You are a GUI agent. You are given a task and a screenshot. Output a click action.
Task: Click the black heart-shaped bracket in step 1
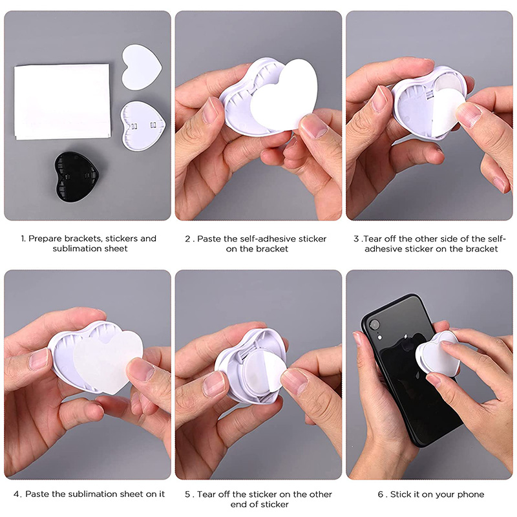click(76, 176)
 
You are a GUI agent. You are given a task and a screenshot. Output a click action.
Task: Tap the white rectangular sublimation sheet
click(62, 101)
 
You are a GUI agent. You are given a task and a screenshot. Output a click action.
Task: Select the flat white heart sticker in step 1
click(142, 67)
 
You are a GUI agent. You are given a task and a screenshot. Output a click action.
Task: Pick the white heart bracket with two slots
click(143, 125)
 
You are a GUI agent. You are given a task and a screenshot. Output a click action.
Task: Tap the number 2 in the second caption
click(187, 239)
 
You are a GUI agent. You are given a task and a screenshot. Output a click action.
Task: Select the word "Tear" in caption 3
click(373, 238)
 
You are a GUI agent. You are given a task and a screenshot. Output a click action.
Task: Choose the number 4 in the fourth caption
click(17, 494)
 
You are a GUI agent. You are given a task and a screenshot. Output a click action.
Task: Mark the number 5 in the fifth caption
click(187, 494)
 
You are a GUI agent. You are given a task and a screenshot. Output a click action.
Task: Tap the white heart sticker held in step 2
click(284, 95)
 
